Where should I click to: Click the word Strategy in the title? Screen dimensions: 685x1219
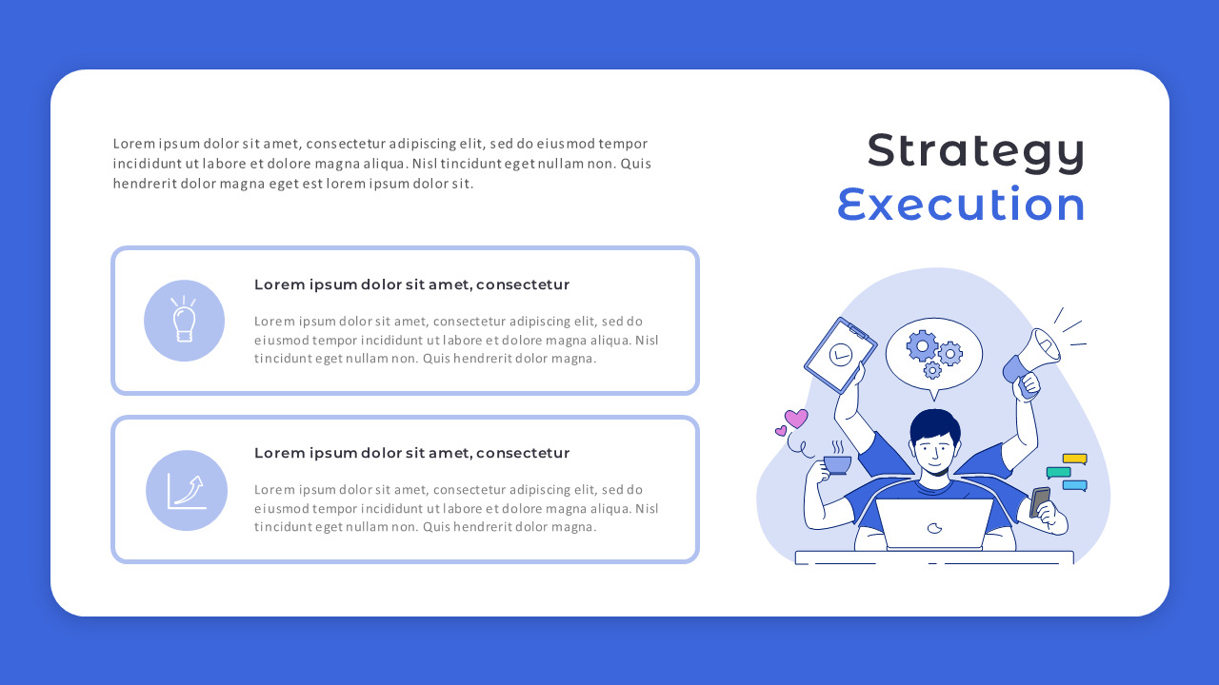coord(975,150)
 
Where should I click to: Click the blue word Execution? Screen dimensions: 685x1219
coord(962,205)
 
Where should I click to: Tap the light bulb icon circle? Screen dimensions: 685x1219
coord(184,321)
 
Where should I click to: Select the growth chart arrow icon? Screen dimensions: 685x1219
coord(187,491)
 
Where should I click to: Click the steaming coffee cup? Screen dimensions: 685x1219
coord(837,463)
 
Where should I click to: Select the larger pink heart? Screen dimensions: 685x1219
coord(796,418)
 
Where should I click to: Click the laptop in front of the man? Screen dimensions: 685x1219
coord(934,523)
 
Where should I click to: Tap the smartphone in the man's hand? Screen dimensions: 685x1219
coord(1040,501)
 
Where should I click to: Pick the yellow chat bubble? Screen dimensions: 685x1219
coord(1074,459)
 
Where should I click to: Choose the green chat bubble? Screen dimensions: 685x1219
coord(1058,472)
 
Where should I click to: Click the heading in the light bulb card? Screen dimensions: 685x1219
coord(411,284)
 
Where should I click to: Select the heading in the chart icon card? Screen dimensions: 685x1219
coord(411,453)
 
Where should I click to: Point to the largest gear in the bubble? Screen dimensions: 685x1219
coord(921,345)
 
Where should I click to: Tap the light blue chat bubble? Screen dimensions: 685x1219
coord(1074,485)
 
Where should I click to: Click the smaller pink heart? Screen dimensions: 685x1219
coord(781,431)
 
